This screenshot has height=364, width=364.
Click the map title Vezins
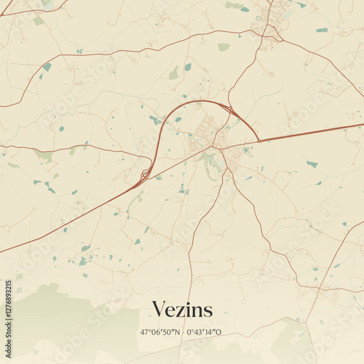[182, 310]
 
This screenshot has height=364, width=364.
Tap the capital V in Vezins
[158, 309]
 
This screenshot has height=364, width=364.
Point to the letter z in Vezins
[181, 312]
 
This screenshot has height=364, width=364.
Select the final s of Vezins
[208, 312]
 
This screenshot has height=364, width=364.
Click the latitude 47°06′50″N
[161, 332]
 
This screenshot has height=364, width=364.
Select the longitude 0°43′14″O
[205, 332]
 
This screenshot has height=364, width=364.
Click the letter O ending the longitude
[219, 332]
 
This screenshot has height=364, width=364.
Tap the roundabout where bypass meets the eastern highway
[258, 141]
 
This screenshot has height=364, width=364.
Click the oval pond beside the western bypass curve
[178, 119]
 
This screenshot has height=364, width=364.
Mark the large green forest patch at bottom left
[51, 313]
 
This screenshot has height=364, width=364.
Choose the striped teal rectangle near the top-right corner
[322, 30]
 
